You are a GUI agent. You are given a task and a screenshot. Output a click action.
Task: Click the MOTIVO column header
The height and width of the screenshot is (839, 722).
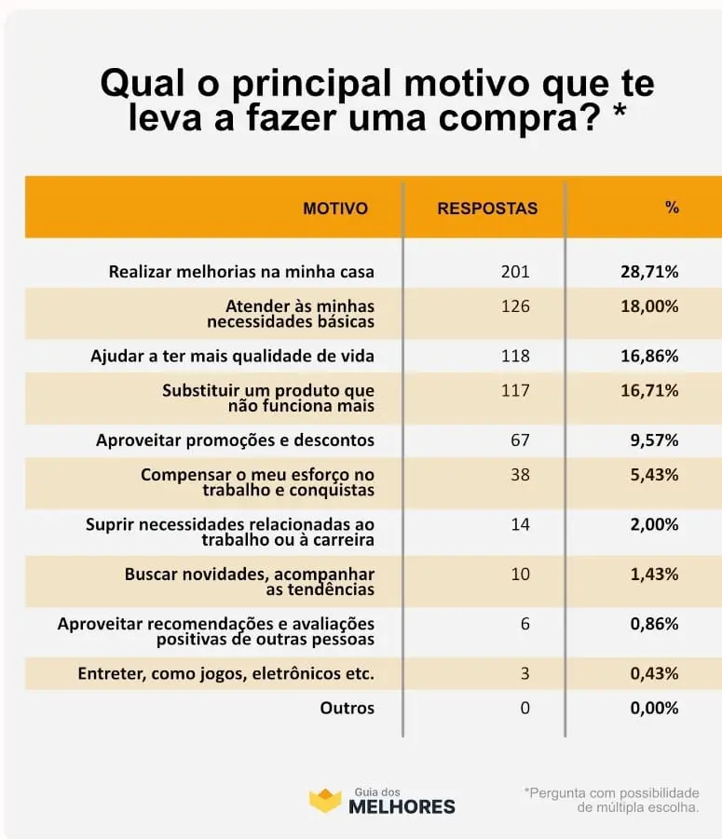pyautogui.click(x=335, y=209)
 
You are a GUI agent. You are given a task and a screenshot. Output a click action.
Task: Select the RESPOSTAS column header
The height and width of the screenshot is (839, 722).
pyautogui.click(x=487, y=209)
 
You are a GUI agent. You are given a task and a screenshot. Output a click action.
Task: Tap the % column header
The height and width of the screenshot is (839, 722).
pyautogui.click(x=672, y=207)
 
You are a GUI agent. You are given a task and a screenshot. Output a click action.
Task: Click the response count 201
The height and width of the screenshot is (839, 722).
pyautogui.click(x=515, y=272)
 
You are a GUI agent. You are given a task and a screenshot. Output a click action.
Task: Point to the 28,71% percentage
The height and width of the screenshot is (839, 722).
pyautogui.click(x=649, y=272)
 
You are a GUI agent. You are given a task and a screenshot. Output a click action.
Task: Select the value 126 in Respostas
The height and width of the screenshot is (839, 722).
pyautogui.click(x=515, y=306)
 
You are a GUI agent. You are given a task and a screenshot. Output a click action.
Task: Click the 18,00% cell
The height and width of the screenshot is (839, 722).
pyautogui.click(x=649, y=306)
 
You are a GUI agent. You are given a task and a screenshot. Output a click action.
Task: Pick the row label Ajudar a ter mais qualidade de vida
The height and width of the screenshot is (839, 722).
pyautogui.click(x=232, y=357)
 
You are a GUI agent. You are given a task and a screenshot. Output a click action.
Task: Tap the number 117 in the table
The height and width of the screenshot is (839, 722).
pyautogui.click(x=515, y=390)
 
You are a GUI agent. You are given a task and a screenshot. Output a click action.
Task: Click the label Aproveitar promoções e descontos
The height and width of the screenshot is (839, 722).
pyautogui.click(x=236, y=440)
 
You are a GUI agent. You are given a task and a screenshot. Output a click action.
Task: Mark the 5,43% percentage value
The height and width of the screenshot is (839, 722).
pyautogui.click(x=655, y=475)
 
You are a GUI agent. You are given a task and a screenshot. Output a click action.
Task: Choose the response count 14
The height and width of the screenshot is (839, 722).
pyautogui.click(x=520, y=524)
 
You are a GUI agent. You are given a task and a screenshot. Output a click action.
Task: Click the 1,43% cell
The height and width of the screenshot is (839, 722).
pyautogui.click(x=655, y=575)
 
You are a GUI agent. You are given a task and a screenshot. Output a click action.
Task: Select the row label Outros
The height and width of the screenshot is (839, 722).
pyautogui.click(x=347, y=708)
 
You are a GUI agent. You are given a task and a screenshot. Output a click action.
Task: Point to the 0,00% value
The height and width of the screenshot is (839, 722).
pyautogui.click(x=655, y=708)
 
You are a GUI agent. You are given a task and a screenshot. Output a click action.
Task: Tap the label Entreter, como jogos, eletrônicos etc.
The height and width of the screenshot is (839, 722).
pyautogui.click(x=225, y=673)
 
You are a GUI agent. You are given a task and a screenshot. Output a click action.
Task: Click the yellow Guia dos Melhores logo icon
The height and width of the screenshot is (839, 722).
pyautogui.click(x=325, y=800)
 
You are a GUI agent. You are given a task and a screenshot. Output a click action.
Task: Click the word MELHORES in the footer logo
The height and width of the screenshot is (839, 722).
pyautogui.click(x=402, y=806)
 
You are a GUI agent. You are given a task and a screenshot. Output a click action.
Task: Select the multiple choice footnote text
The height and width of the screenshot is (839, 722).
pyautogui.click(x=612, y=800)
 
